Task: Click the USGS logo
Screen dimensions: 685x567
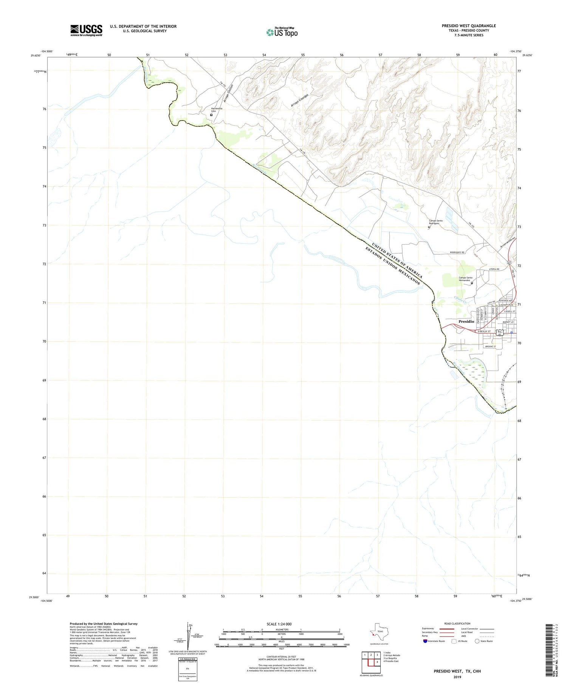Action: point(86,30)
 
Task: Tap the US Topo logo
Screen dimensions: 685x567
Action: point(282,32)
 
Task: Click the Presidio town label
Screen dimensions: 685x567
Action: point(466,321)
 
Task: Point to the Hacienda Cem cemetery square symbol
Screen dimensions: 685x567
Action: point(211,115)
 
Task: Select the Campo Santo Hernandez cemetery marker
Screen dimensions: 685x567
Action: point(472,283)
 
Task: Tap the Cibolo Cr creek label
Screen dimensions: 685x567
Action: point(461,300)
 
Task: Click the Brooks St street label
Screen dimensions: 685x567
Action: point(490,346)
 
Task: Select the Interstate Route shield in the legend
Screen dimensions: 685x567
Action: point(425,641)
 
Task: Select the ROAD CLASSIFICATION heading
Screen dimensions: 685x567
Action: point(457,623)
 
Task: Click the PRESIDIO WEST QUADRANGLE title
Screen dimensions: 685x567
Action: point(468,26)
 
